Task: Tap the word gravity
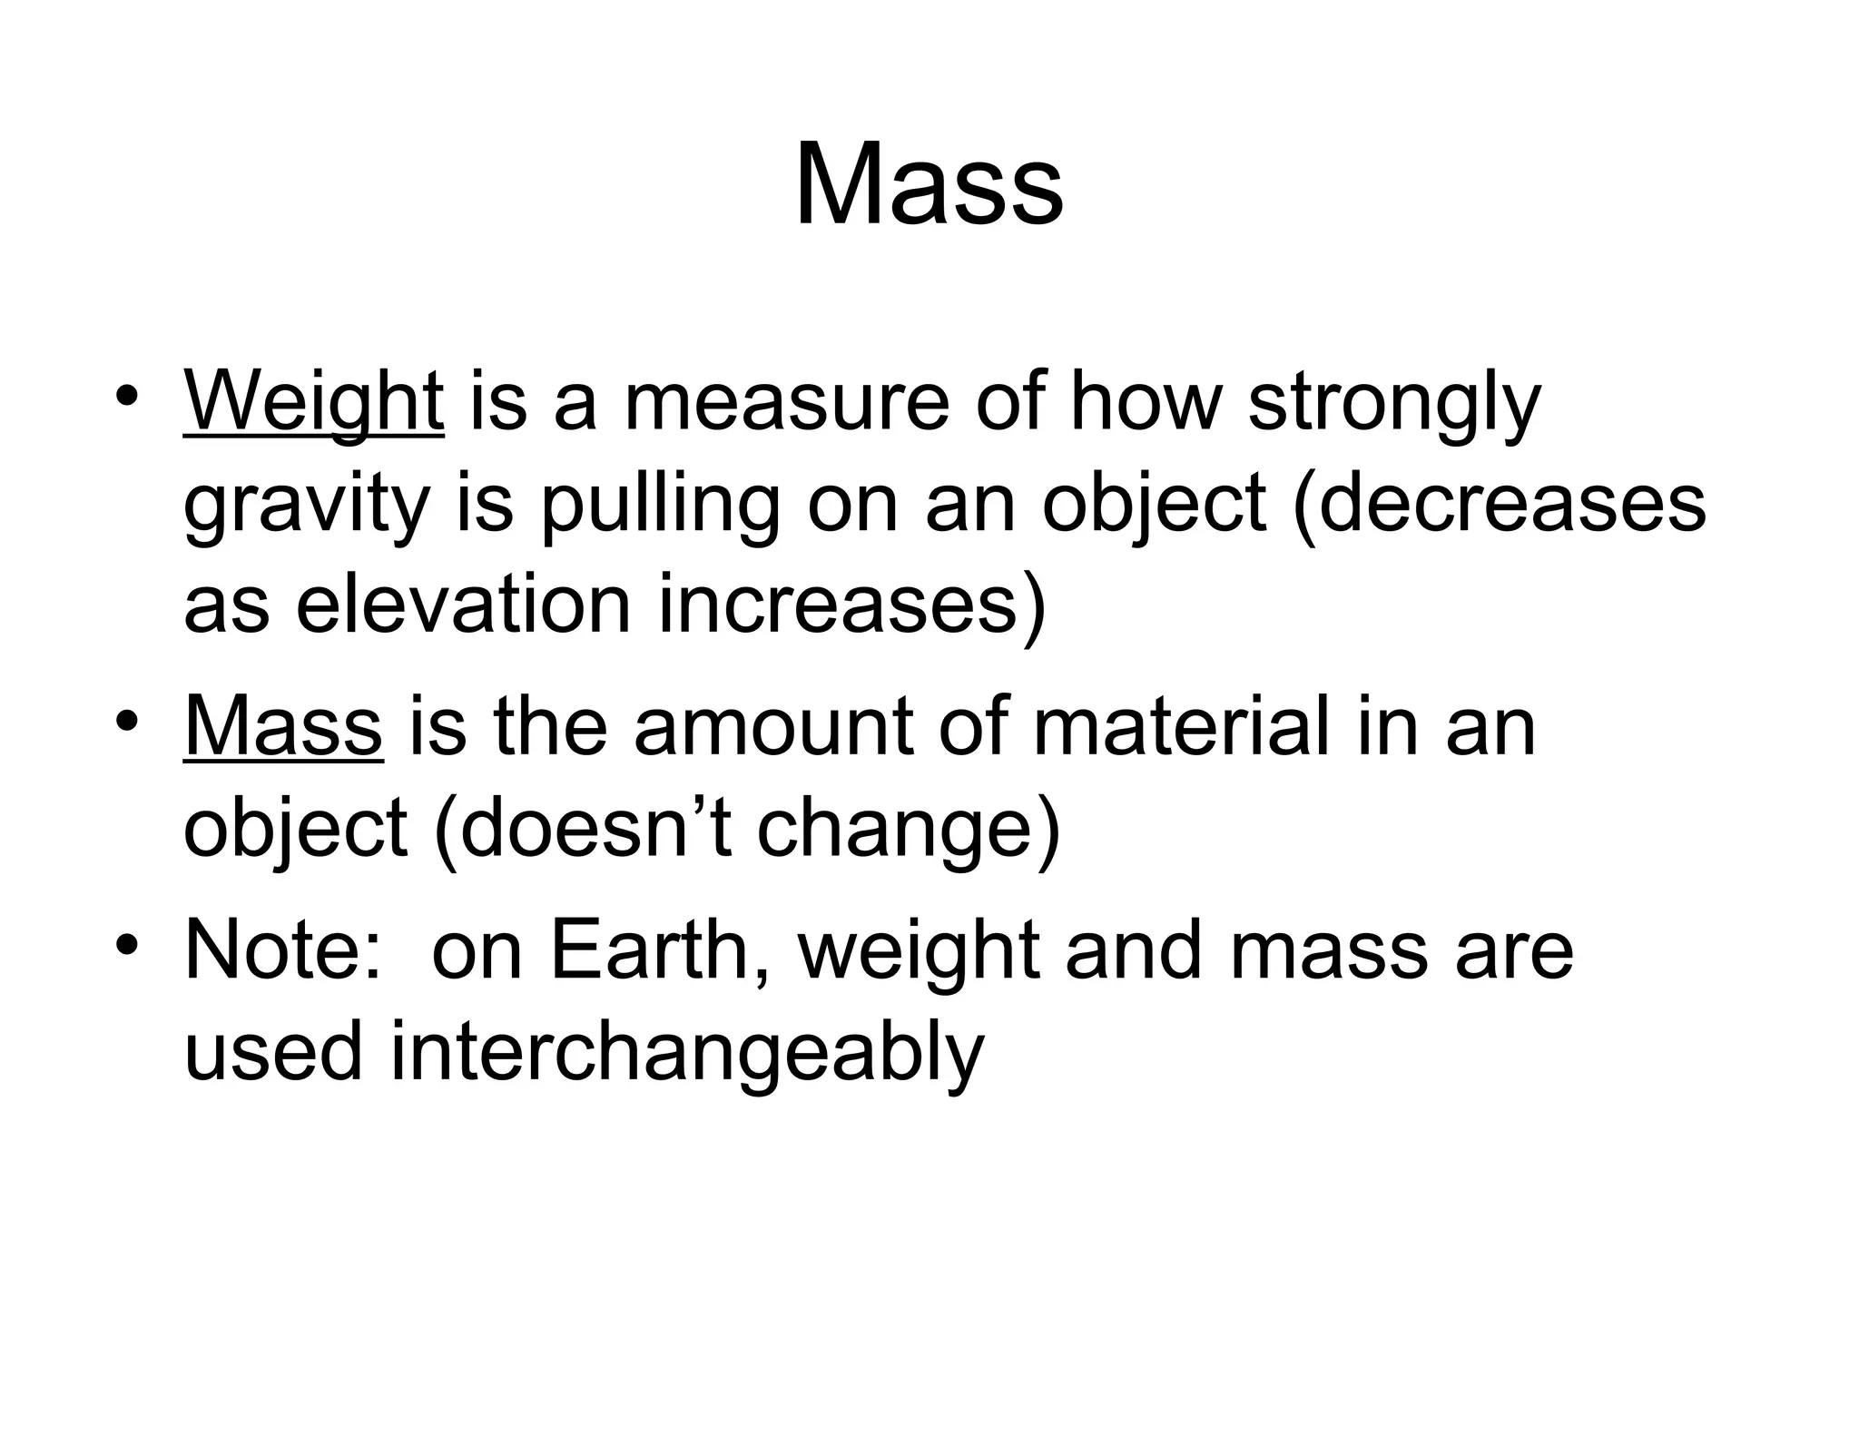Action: point(306,506)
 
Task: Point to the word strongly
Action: point(1394,404)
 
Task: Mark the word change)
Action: point(908,831)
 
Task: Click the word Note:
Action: point(282,950)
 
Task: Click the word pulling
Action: point(660,506)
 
